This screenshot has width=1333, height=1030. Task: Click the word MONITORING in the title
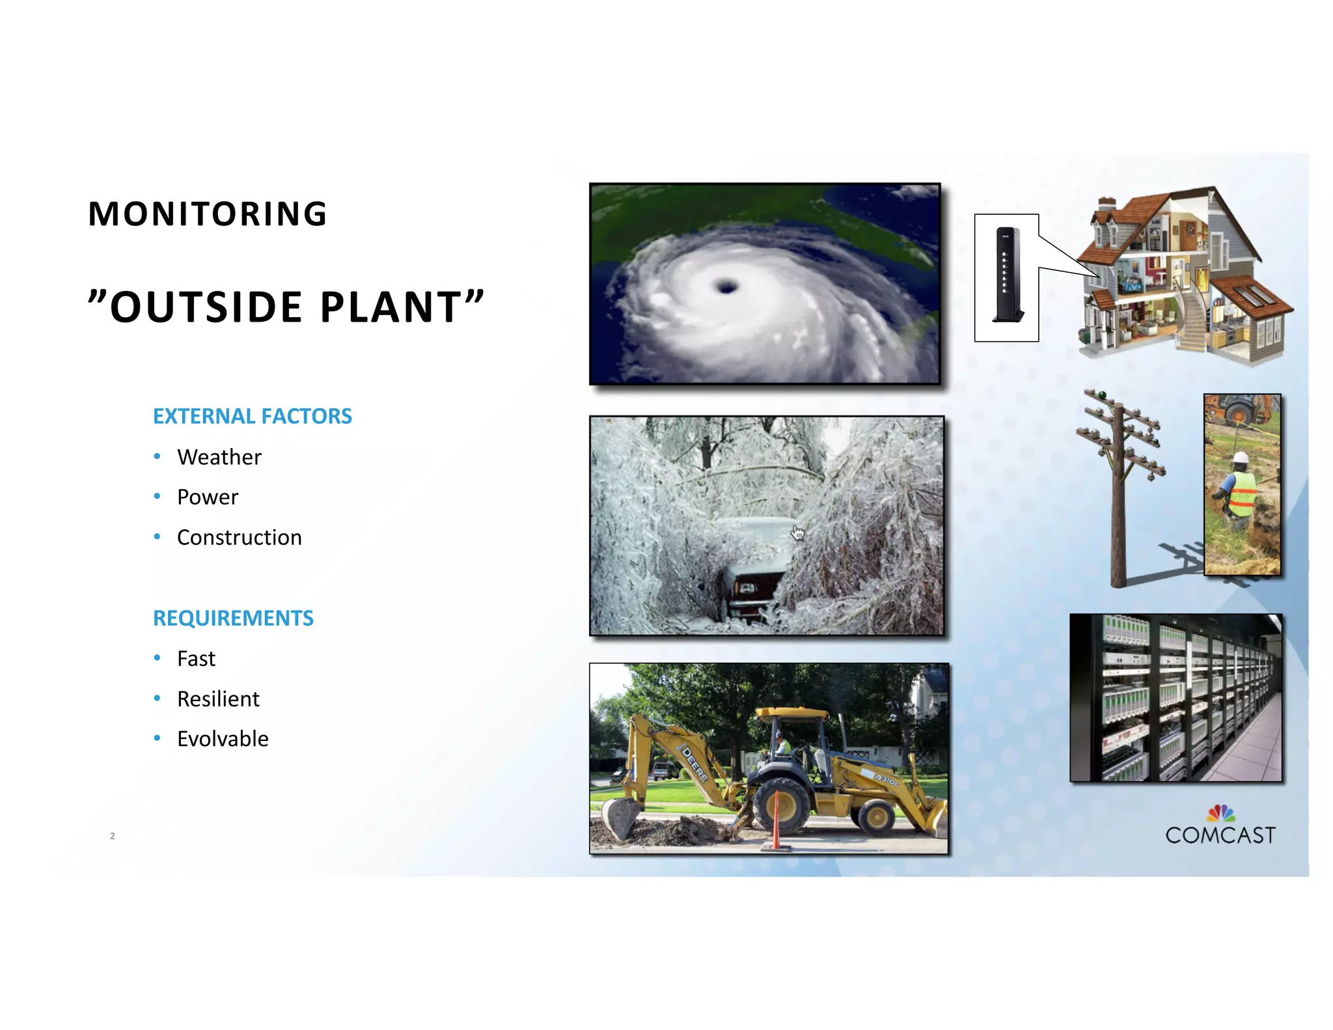pyautogui.click(x=208, y=214)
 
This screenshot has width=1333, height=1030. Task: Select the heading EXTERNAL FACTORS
pyautogui.click(x=253, y=416)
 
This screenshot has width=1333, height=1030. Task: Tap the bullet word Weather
pyautogui.click(x=219, y=457)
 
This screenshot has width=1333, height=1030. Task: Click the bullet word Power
pyautogui.click(x=208, y=497)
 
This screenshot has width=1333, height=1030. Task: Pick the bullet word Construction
pyautogui.click(x=239, y=538)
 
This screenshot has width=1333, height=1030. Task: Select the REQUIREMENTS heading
pyautogui.click(x=233, y=618)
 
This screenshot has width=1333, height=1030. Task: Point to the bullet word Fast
pyautogui.click(x=196, y=659)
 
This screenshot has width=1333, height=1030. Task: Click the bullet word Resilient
pyautogui.click(x=218, y=699)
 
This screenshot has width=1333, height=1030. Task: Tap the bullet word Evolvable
pyautogui.click(x=223, y=739)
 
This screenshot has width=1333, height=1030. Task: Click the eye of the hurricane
pyautogui.click(x=726, y=286)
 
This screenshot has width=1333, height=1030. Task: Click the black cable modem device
pyautogui.click(x=1006, y=275)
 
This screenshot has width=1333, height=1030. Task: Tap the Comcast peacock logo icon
pyautogui.click(x=1220, y=813)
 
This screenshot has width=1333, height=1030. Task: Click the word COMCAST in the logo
pyautogui.click(x=1220, y=835)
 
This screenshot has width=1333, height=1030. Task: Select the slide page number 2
pyautogui.click(x=113, y=836)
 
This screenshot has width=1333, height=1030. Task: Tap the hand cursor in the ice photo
pyautogui.click(x=797, y=533)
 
